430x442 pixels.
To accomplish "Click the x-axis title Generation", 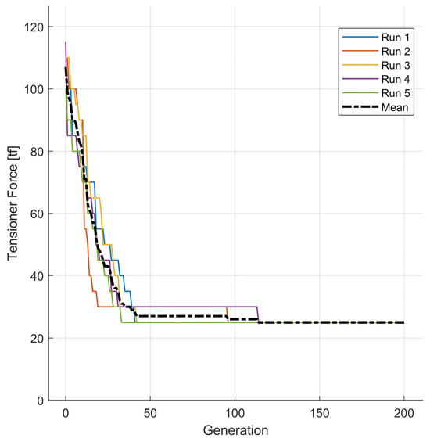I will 235,430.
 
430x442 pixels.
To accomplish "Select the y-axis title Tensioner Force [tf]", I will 13,213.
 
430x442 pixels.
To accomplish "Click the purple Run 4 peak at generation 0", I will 66,43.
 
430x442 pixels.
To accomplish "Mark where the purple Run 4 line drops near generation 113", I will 258,314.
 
